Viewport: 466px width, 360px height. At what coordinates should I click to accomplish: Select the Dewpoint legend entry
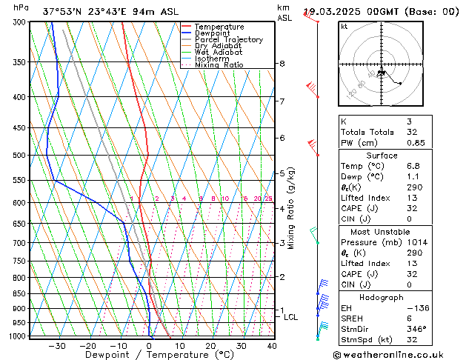pos(216,33)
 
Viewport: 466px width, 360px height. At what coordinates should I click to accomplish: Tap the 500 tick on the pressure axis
pos(20,156)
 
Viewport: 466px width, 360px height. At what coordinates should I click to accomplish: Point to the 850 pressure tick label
pos(20,294)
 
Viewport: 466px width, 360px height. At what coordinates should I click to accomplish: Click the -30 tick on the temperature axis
pos(57,346)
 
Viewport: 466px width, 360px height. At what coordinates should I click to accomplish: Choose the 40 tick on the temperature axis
pos(272,346)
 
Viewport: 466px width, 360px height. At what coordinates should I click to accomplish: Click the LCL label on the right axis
pos(291,317)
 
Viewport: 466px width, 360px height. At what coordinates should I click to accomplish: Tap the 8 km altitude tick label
pos(282,64)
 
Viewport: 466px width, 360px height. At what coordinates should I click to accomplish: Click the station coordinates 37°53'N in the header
pos(64,12)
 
